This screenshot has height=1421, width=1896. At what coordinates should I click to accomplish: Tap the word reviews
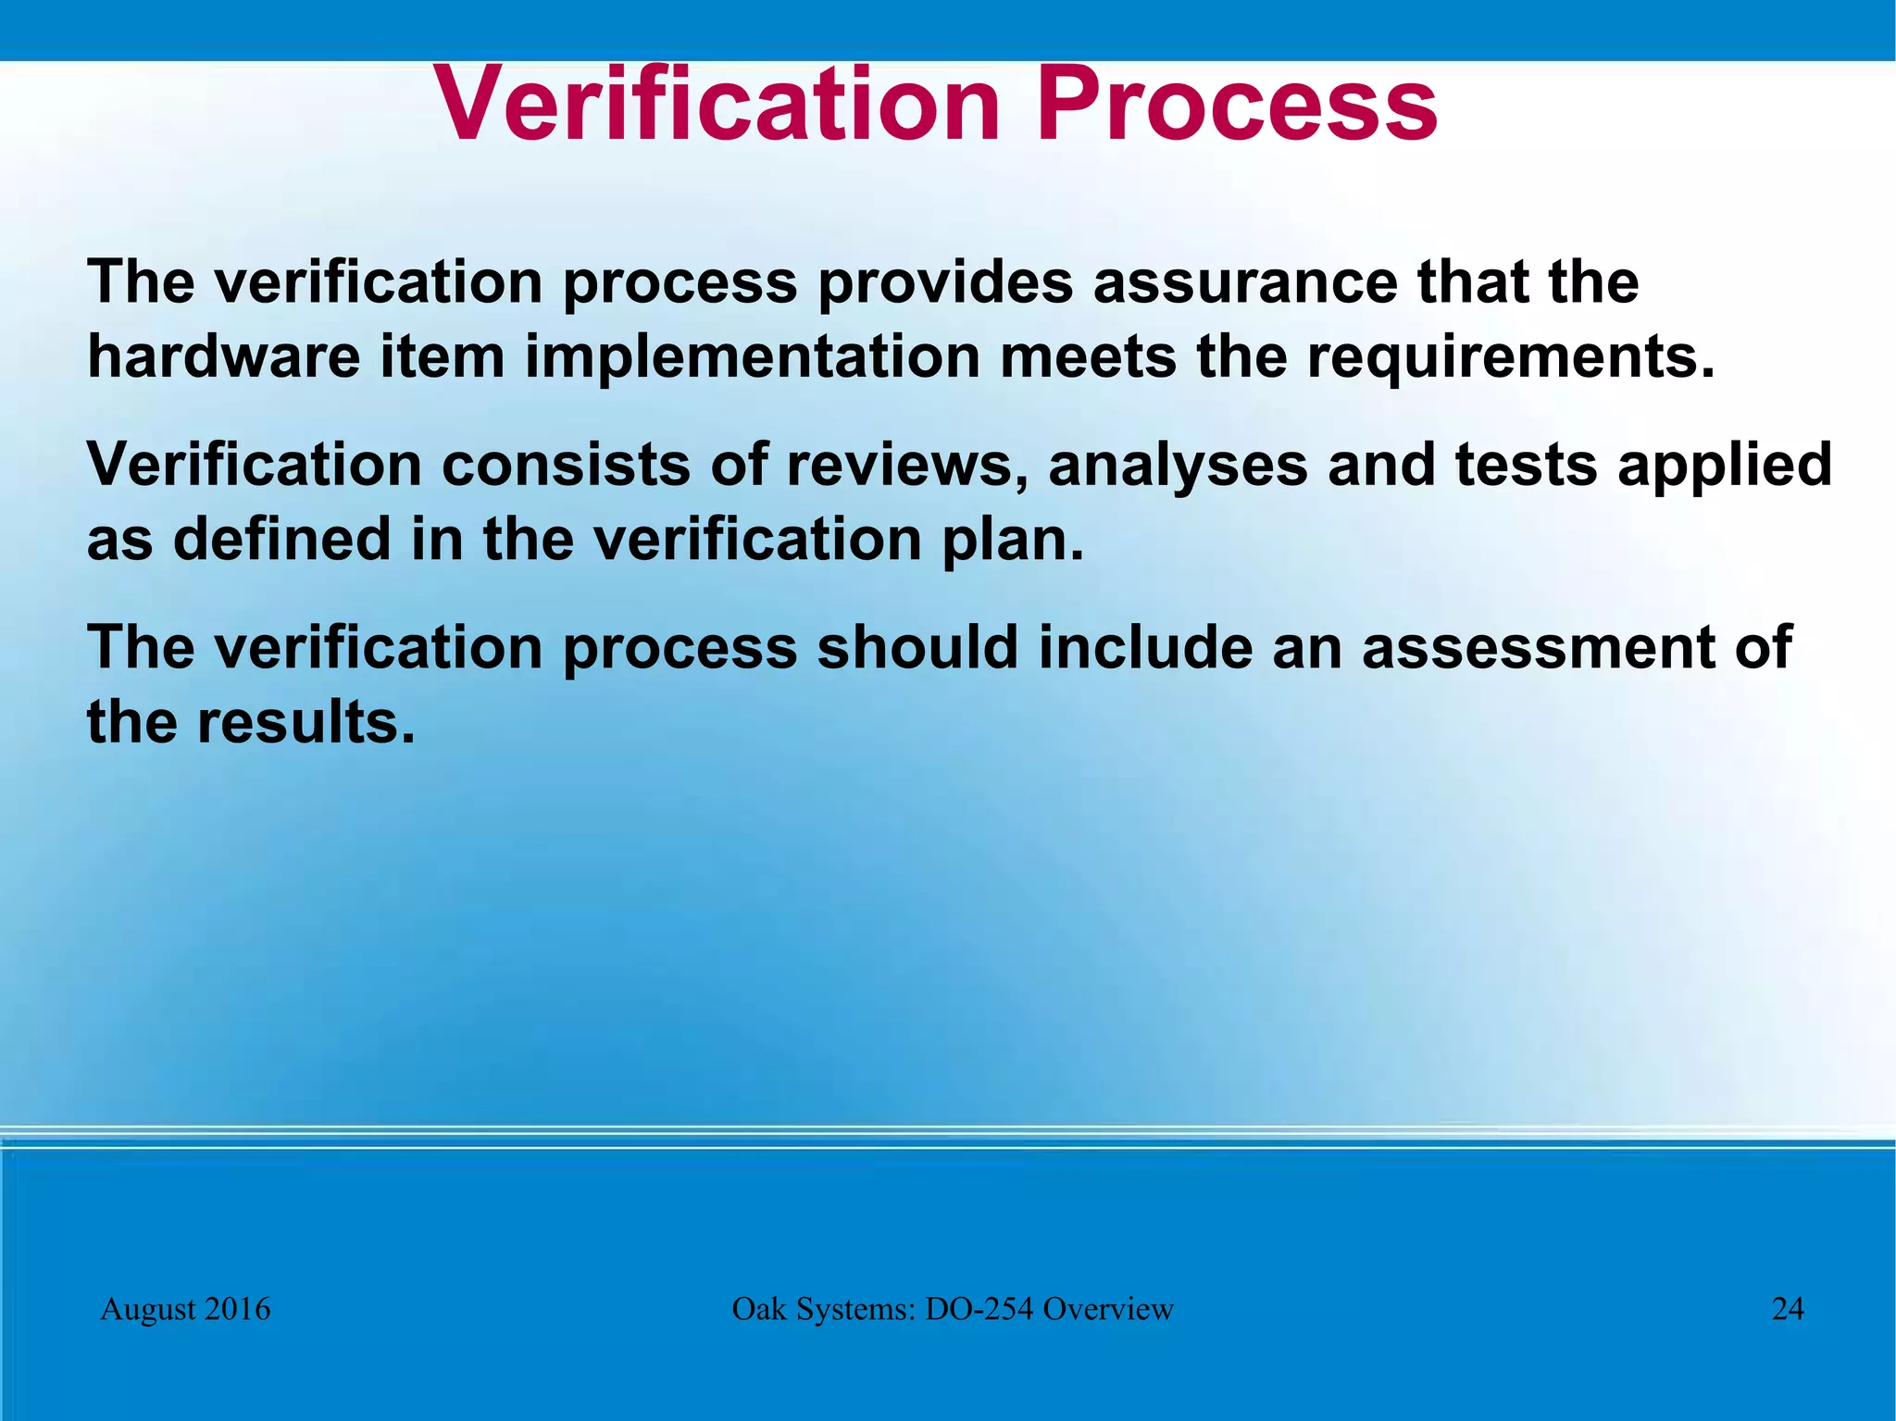tap(908, 466)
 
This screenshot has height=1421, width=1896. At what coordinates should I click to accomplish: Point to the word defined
tap(282, 539)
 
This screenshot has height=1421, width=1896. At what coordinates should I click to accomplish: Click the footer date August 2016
tap(185, 1309)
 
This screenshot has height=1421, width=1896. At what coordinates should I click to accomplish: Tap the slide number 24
tap(1788, 1309)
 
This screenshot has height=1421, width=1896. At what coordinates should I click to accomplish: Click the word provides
tap(944, 283)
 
